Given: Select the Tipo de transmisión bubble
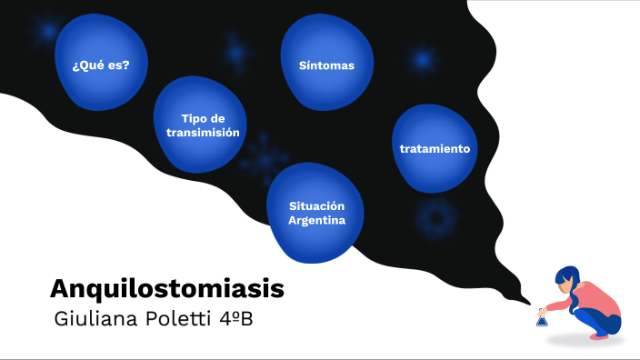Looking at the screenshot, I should [202, 125].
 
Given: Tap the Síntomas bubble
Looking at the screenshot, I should [326, 65].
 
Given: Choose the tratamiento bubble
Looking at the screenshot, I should [435, 147].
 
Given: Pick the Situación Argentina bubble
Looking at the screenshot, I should [316, 213].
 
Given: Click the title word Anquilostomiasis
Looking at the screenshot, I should [167, 289].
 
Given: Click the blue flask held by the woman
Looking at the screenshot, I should [542, 319].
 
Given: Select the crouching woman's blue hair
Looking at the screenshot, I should [570, 277].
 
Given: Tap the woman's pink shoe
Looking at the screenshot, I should [599, 335].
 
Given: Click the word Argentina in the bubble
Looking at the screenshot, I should [316, 220].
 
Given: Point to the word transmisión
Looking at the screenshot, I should [203, 133].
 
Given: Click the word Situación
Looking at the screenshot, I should [316, 205].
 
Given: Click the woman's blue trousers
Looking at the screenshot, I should [600, 319].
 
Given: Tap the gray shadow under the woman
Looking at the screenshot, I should [582, 341].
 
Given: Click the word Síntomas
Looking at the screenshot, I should [326, 65].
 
